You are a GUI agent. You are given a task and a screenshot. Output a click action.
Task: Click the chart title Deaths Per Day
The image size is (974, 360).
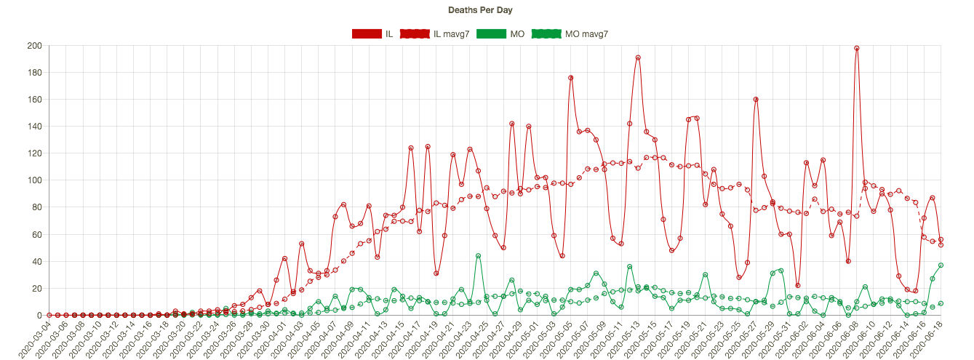click(487, 10)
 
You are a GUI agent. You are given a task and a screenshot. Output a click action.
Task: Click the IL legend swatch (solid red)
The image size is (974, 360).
click(367, 33)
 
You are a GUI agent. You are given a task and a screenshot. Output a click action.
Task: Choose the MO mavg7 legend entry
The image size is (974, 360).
click(570, 33)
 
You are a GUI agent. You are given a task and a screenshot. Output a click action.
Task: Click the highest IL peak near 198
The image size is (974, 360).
click(857, 48)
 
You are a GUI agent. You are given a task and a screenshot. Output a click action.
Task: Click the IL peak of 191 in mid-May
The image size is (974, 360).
click(638, 57)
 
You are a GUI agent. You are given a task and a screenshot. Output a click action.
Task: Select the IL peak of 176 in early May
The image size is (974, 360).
click(571, 78)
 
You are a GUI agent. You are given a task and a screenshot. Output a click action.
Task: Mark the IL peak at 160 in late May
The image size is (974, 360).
click(756, 100)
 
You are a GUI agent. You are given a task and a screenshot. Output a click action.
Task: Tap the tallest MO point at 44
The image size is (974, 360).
click(478, 256)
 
